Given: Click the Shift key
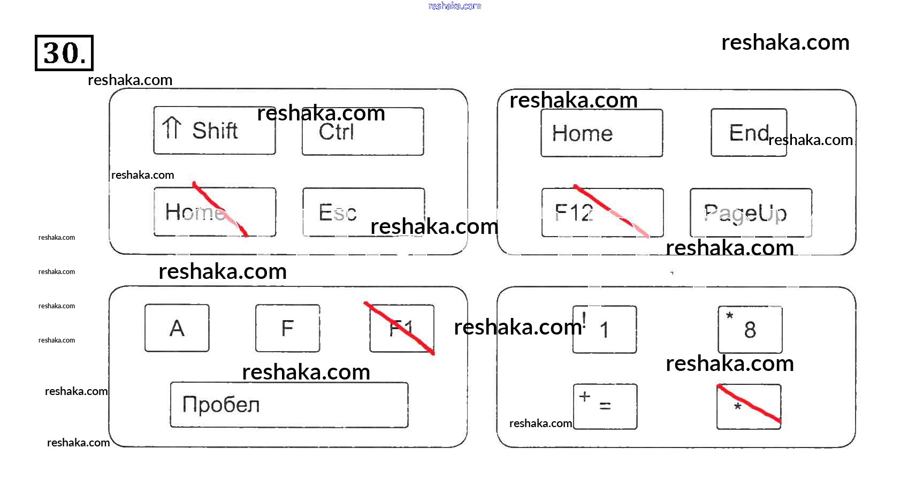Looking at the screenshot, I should tap(215, 131).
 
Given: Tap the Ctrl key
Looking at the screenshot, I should tap(362, 132).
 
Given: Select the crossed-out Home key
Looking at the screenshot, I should tap(215, 212).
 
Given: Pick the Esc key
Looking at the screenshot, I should tap(363, 213).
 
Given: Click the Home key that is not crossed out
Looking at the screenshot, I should tap(601, 133).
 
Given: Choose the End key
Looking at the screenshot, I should tap(748, 133).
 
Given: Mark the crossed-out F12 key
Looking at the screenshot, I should tap(602, 213).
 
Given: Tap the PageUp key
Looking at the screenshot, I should tap(750, 213).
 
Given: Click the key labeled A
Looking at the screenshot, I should tap(177, 328).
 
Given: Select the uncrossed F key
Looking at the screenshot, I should tap(287, 328).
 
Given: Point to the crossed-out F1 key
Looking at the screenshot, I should tap(401, 328).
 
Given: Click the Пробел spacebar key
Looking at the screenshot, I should tap(289, 405).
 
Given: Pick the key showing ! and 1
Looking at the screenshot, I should tap(604, 329).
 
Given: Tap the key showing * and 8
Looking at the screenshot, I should tap(750, 330).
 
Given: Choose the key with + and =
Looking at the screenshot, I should tap(605, 406).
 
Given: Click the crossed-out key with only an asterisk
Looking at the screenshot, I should tap(748, 407).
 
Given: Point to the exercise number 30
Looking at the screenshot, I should tap(64, 53).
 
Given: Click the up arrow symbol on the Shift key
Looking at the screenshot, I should tap(172, 128).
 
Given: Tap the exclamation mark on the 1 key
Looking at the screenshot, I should tap(584, 320).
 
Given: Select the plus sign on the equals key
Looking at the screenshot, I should tap(585, 397).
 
